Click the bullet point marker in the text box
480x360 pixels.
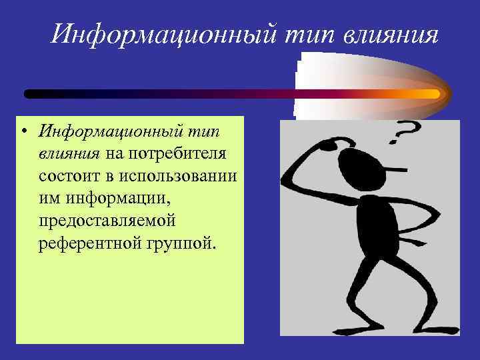click(x=23, y=131)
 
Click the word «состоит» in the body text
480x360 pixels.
click(x=69, y=176)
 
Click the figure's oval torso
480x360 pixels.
click(x=377, y=226)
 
